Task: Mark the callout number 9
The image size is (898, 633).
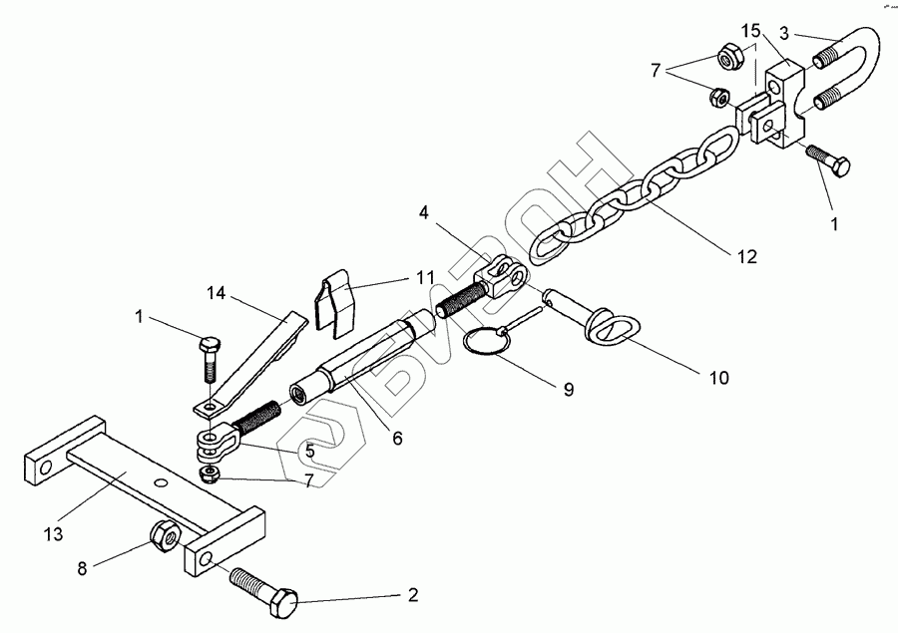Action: [x=567, y=390]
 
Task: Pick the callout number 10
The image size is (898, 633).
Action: [x=718, y=378]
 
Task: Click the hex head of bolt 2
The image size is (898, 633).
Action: [x=284, y=601]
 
